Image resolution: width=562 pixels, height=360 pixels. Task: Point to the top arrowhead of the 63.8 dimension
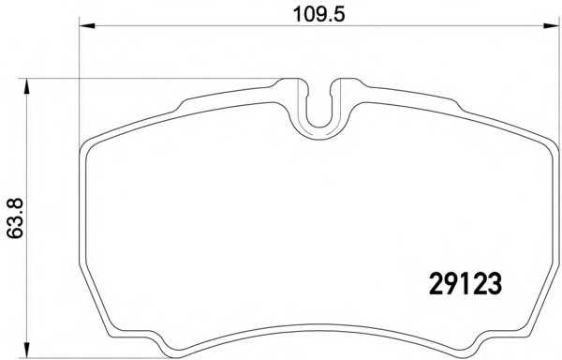[x=27, y=85]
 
